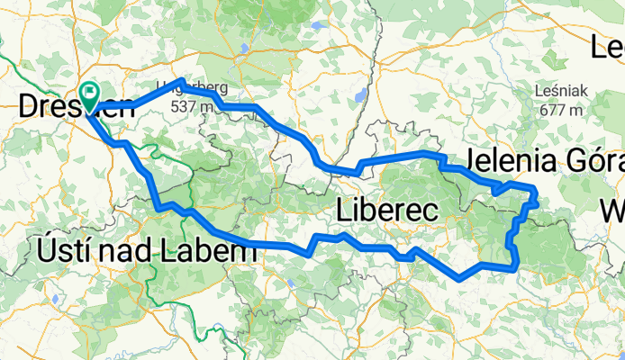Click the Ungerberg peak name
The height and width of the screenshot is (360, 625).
click(192, 88)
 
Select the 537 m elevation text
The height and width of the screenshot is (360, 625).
click(192, 106)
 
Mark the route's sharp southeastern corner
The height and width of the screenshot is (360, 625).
click(514, 266)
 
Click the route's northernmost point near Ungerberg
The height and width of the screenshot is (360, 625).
click(183, 82)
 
